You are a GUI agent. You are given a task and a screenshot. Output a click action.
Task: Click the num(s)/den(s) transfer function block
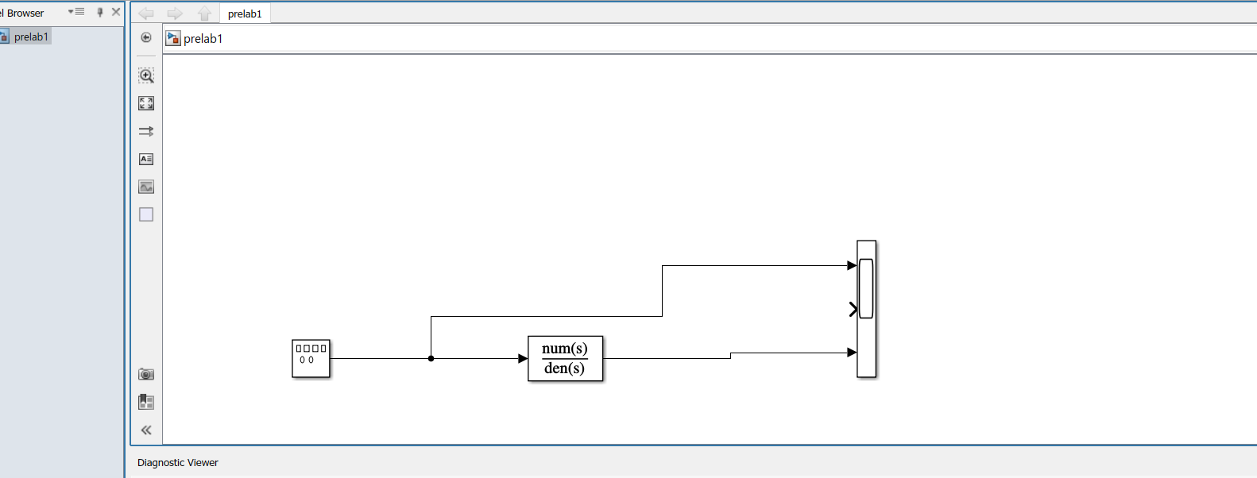tap(565, 359)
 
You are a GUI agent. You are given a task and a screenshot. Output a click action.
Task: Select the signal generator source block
tap(311, 359)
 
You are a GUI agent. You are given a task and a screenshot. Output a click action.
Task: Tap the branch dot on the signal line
tap(431, 358)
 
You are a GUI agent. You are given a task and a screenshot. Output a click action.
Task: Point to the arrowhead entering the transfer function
tap(523, 358)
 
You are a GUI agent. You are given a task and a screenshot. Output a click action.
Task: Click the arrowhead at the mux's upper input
tap(852, 266)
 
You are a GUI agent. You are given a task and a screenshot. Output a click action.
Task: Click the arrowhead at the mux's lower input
tap(852, 353)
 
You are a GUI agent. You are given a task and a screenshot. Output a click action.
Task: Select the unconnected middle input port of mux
tap(853, 309)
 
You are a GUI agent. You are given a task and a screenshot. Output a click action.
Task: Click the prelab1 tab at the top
tap(245, 13)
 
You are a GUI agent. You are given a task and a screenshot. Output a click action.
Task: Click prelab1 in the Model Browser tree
tap(31, 37)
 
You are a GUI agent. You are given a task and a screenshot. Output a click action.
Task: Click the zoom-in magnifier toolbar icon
tap(146, 75)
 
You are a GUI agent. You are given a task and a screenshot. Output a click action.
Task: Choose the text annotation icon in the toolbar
tap(146, 159)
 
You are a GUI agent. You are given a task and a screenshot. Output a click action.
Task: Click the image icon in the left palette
tap(146, 187)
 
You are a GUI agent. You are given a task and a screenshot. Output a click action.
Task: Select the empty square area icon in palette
tap(146, 214)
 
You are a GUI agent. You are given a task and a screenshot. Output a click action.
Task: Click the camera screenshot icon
tap(146, 374)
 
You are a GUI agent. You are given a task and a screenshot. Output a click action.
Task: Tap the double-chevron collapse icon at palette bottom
tap(146, 430)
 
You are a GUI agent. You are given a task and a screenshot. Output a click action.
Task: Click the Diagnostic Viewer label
tap(178, 463)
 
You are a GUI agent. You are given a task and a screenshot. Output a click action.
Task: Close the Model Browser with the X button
tap(116, 12)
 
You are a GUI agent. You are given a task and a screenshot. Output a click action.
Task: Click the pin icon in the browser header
tap(100, 12)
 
